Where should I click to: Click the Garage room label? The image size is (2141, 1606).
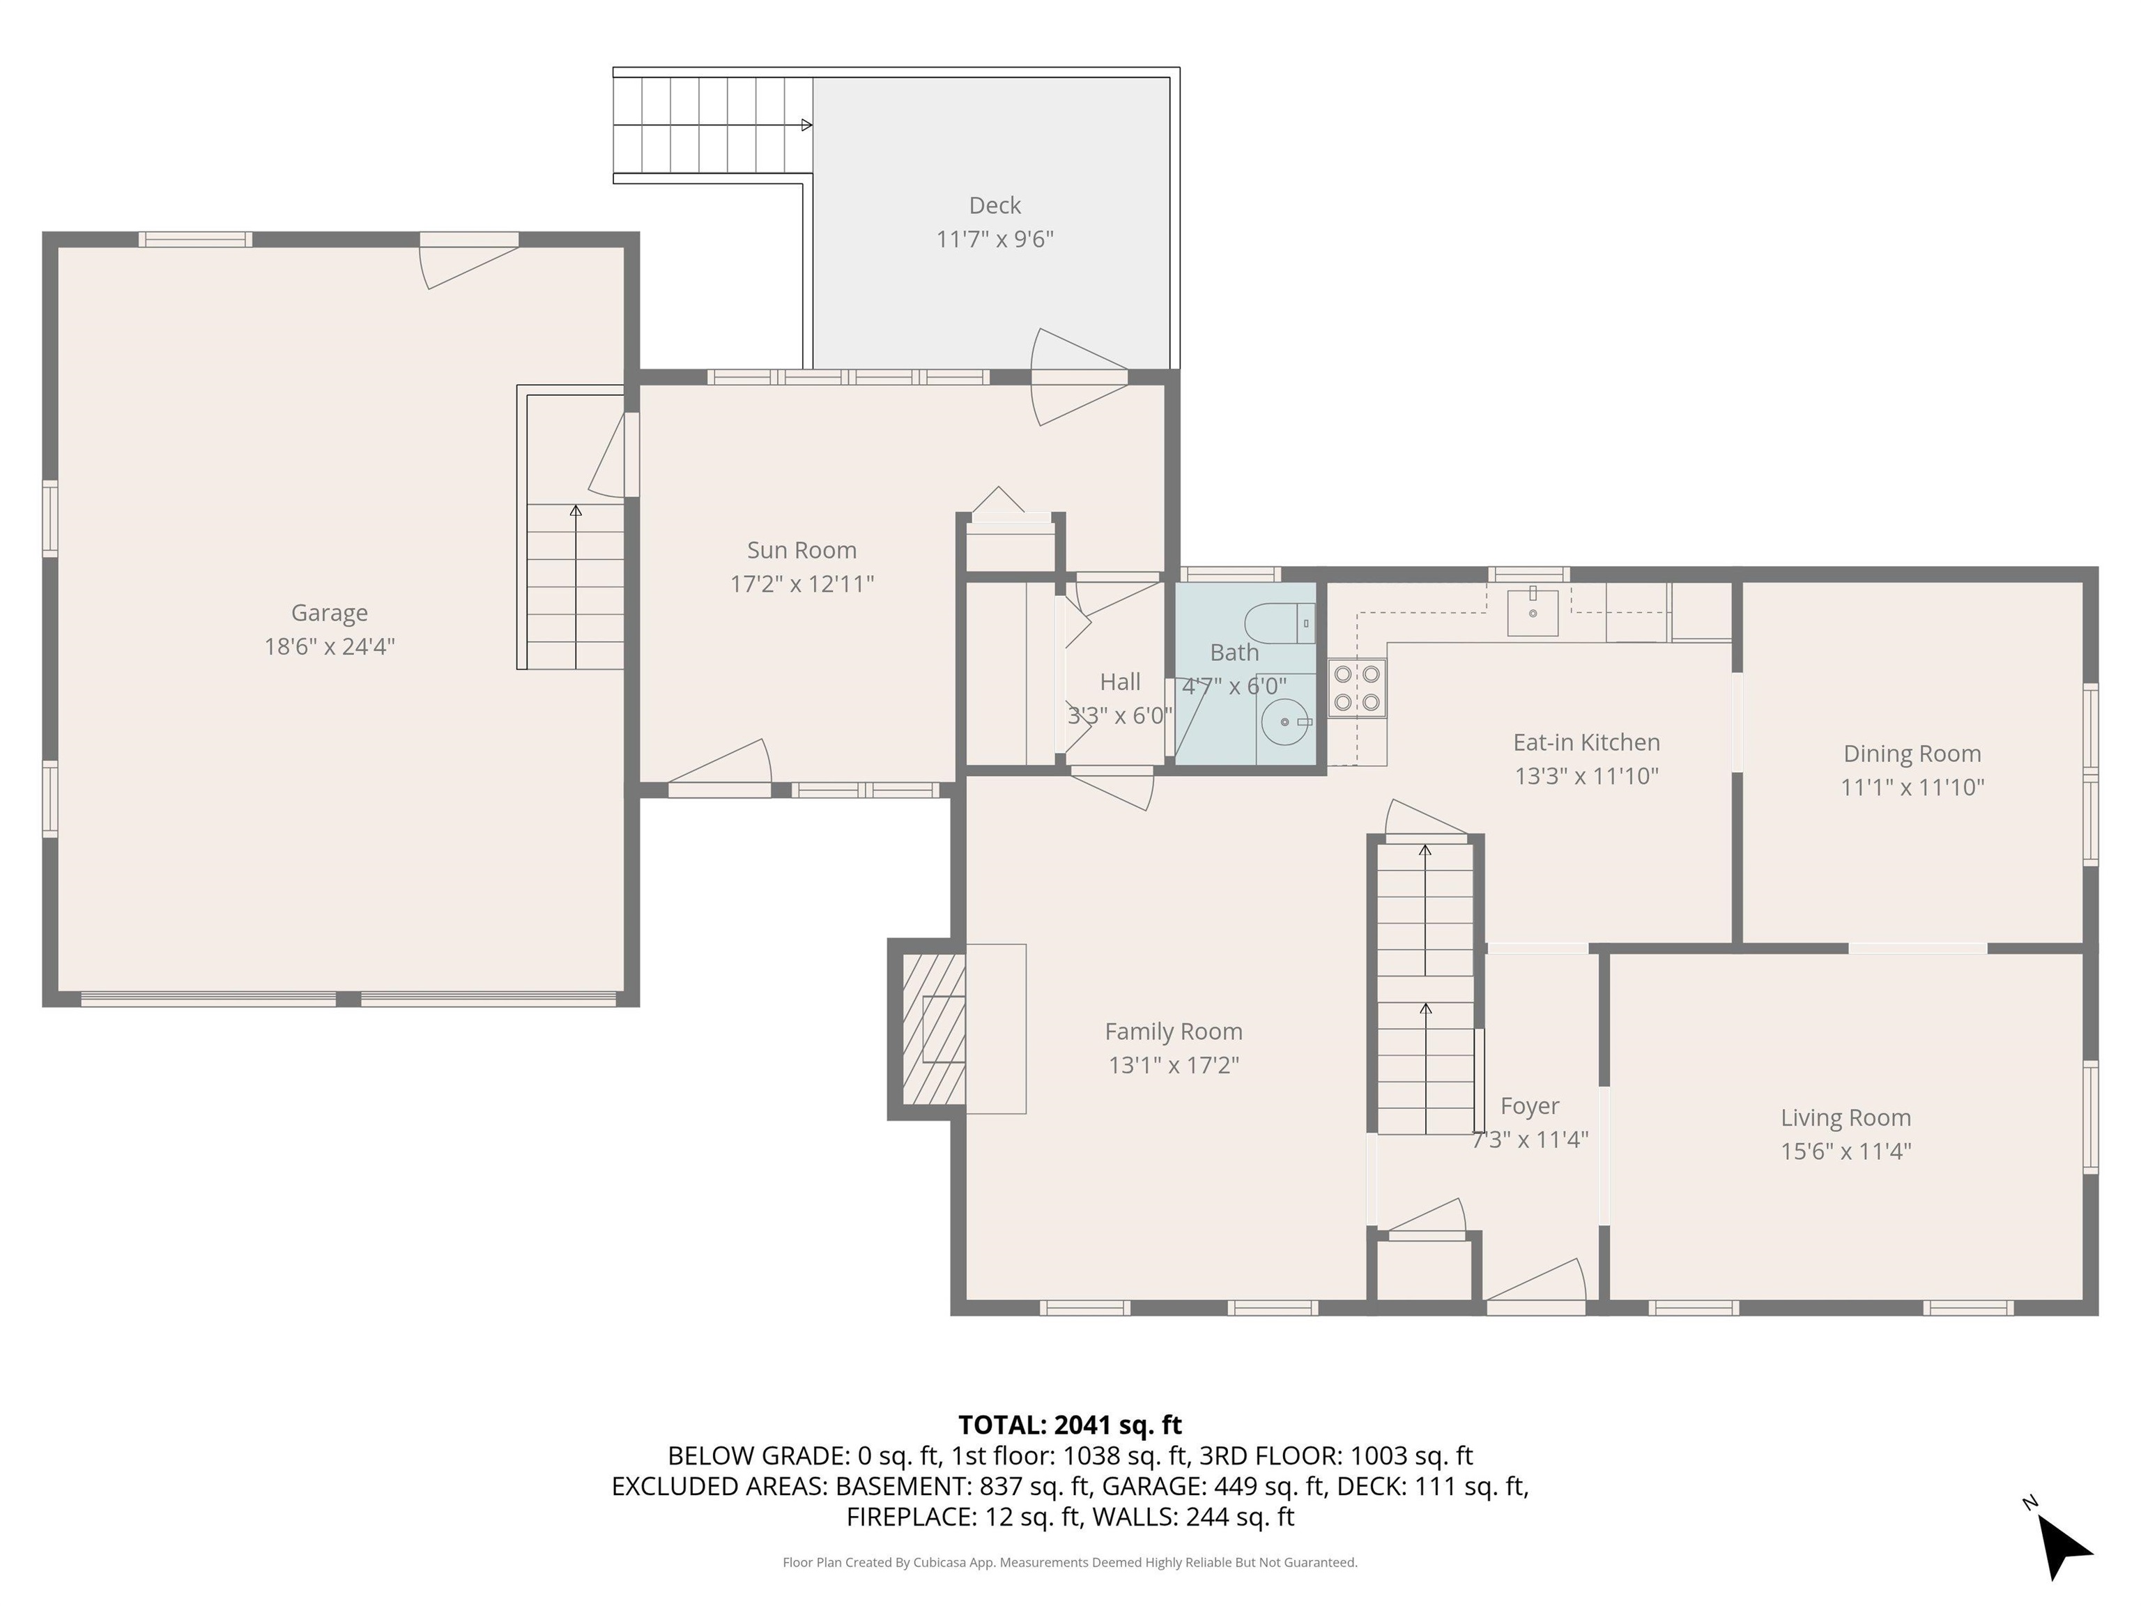pyautogui.click(x=329, y=613)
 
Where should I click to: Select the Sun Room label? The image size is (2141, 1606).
pyautogui.click(x=801, y=550)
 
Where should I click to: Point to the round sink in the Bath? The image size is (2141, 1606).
pyautogui.click(x=1285, y=722)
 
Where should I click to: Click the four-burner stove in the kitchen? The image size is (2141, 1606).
pyautogui.click(x=1357, y=688)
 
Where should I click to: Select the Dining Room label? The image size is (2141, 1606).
pyautogui.click(x=1912, y=753)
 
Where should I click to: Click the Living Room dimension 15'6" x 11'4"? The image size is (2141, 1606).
pyautogui.click(x=1845, y=1151)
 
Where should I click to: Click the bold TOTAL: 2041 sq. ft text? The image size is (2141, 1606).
pyautogui.click(x=1070, y=1425)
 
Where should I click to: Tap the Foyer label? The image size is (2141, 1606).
pyautogui.click(x=1529, y=1106)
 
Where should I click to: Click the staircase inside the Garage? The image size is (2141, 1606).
pyautogui.click(x=575, y=586)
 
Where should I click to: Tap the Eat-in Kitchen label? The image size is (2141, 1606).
pyautogui.click(x=1586, y=742)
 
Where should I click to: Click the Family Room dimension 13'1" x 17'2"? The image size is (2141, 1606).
pyautogui.click(x=1173, y=1065)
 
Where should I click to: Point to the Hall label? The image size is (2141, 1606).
pyautogui.click(x=1120, y=682)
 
